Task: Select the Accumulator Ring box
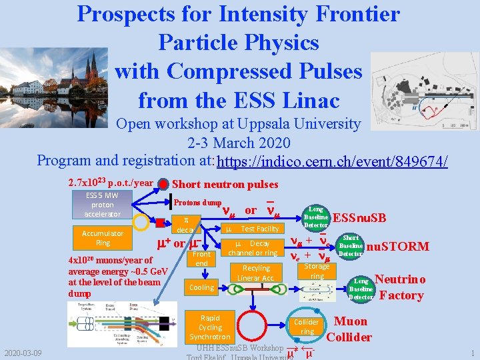coord(103,238)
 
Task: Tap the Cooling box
coord(201,287)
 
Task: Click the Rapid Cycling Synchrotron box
coord(210,327)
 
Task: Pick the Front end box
coord(201,259)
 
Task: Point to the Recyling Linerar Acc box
coord(255,273)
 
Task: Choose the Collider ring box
coord(307,327)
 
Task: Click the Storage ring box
coord(317,271)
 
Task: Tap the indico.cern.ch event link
coord(332,162)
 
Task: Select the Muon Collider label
coord(349,329)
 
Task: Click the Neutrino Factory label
coord(399,287)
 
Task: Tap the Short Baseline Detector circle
coord(351,246)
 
